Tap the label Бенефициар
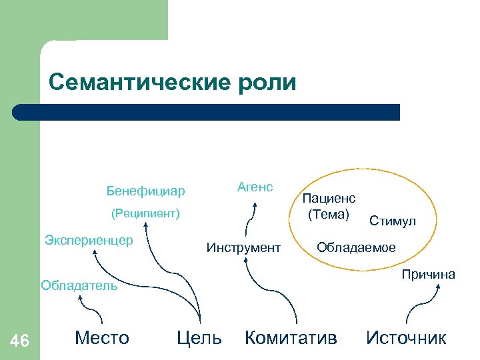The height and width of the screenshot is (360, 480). pyautogui.click(x=145, y=192)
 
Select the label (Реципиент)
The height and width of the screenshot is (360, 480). pyautogui.click(x=145, y=215)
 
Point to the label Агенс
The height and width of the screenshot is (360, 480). pyautogui.click(x=255, y=187)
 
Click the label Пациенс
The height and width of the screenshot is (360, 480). pyautogui.click(x=329, y=198)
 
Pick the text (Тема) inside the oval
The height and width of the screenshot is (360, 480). pyautogui.click(x=328, y=214)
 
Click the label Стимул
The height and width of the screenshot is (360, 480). pyautogui.click(x=393, y=221)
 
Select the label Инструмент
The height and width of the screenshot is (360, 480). pyautogui.click(x=243, y=248)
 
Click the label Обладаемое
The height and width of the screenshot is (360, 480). pyautogui.click(x=356, y=248)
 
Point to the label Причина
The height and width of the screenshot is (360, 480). pyautogui.click(x=429, y=275)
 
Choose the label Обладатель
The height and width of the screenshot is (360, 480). pyautogui.click(x=79, y=287)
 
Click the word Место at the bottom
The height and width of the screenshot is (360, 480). pyautogui.click(x=102, y=337)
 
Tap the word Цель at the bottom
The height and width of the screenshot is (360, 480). pyautogui.click(x=199, y=338)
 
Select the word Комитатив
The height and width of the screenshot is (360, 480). pyautogui.click(x=291, y=338)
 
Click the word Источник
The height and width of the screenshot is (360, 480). pyautogui.click(x=406, y=338)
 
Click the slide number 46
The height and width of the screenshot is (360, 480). pyautogui.click(x=21, y=341)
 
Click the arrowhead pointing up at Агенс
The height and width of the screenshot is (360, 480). pyautogui.click(x=253, y=207)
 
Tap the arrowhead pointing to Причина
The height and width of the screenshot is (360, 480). pyautogui.click(x=439, y=285)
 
